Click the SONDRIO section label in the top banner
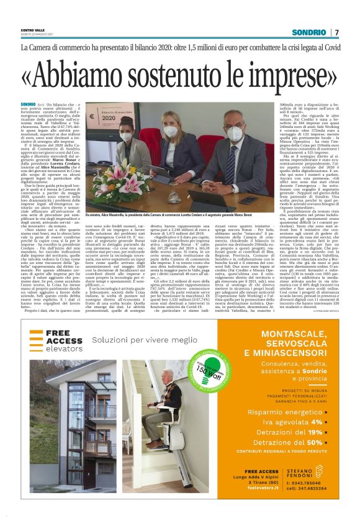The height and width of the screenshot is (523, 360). point(309,32)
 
